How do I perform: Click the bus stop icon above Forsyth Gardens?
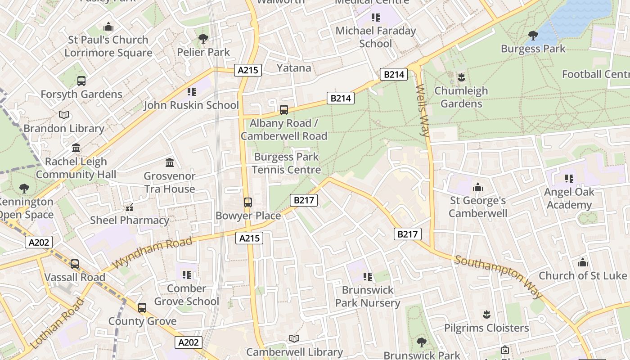tap(81, 81)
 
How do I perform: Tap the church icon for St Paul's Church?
tap(108, 27)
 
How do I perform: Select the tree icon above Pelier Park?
tap(203, 39)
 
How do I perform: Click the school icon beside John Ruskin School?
tap(192, 92)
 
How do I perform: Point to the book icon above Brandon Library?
tap(64, 115)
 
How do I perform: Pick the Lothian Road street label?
tap(57, 323)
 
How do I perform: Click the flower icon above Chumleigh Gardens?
tap(461, 77)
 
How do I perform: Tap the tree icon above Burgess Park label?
tap(533, 35)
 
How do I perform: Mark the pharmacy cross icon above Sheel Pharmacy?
tap(130, 207)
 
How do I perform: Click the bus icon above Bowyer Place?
tap(247, 202)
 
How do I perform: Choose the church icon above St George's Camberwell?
tap(478, 187)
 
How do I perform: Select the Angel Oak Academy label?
tap(569, 198)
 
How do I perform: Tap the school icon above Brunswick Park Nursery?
tap(368, 276)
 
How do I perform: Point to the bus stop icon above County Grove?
tap(142, 308)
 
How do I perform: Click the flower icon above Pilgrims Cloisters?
tap(486, 314)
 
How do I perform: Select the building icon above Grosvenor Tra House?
tap(170, 162)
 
